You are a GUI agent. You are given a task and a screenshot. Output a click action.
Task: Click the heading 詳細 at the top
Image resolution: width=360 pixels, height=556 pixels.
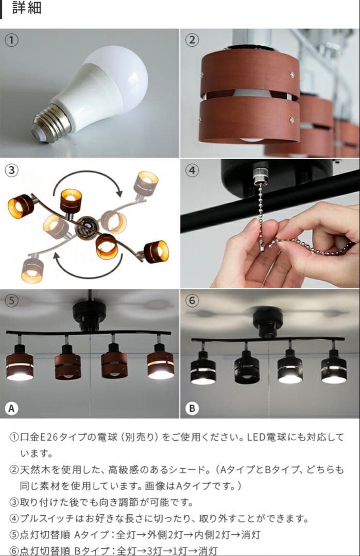point(26,9)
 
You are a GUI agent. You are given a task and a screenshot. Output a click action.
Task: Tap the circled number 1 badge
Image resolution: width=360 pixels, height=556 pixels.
point(11,40)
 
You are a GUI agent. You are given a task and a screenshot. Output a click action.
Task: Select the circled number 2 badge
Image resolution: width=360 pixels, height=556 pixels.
point(192,40)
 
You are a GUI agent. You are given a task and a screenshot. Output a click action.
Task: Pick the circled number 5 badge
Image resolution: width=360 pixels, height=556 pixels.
point(11,300)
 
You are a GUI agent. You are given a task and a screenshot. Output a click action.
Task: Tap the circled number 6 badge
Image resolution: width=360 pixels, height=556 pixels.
point(192,300)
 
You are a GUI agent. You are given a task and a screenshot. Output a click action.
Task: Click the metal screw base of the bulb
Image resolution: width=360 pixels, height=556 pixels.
point(50,122)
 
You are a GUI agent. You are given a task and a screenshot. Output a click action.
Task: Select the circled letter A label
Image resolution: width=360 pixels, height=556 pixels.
point(11,408)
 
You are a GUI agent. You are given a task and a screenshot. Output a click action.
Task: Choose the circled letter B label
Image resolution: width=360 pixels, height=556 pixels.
point(192,408)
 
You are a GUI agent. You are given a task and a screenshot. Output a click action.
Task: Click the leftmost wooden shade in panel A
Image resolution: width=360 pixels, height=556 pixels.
point(20,366)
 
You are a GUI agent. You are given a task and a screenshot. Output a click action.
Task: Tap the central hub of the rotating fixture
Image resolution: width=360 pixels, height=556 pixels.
point(84,227)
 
